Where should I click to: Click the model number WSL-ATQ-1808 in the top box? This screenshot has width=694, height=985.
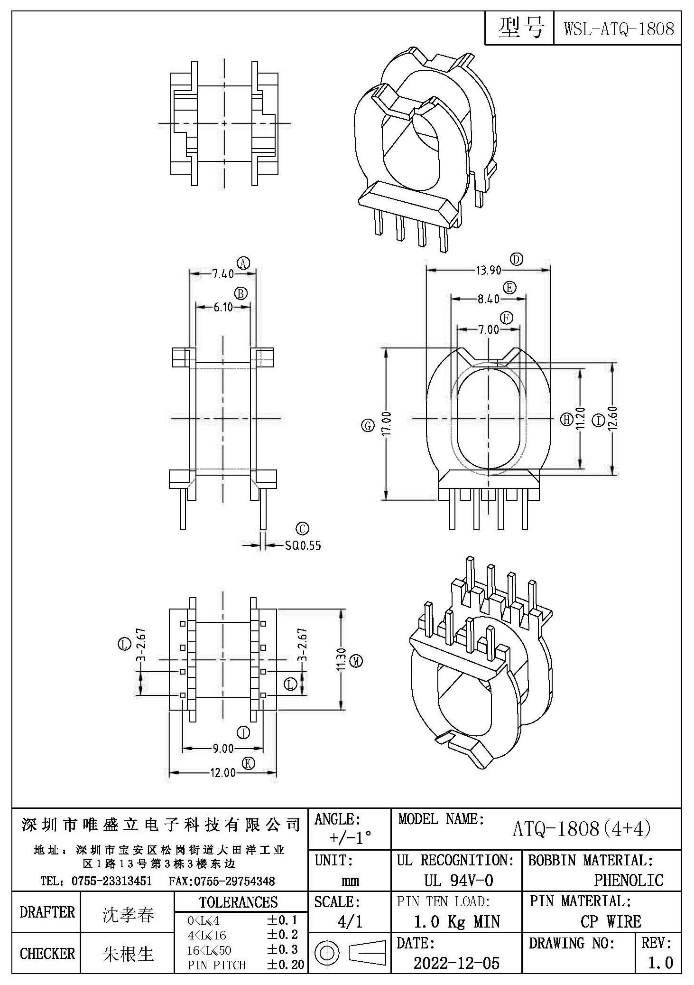pyautogui.click(x=619, y=29)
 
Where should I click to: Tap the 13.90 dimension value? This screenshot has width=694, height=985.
pyautogui.click(x=489, y=270)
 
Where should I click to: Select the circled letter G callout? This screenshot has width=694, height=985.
pyautogui.click(x=368, y=426)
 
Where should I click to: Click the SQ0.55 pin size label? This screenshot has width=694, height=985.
pyautogui.click(x=303, y=545)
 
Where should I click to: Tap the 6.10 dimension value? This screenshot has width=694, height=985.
pyautogui.click(x=223, y=307)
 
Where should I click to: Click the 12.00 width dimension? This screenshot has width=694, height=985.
pyautogui.click(x=223, y=773)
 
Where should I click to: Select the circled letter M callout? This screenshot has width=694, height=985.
pyautogui.click(x=356, y=661)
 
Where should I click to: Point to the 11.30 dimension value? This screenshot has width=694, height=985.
pyautogui.click(x=341, y=660)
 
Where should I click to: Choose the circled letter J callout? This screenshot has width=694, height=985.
pyautogui.click(x=243, y=733)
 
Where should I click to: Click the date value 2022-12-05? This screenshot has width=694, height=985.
pyautogui.click(x=456, y=963)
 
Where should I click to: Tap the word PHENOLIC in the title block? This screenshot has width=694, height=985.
pyautogui.click(x=629, y=880)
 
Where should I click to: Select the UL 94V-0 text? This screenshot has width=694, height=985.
pyautogui.click(x=459, y=881)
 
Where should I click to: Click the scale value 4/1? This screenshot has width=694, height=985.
pyautogui.click(x=350, y=921)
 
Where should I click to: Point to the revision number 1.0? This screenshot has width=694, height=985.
pyautogui.click(x=660, y=962)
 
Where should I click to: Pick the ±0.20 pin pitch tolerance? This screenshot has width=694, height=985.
pyautogui.click(x=286, y=964)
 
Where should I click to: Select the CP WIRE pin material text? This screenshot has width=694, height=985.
pyautogui.click(x=611, y=921)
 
